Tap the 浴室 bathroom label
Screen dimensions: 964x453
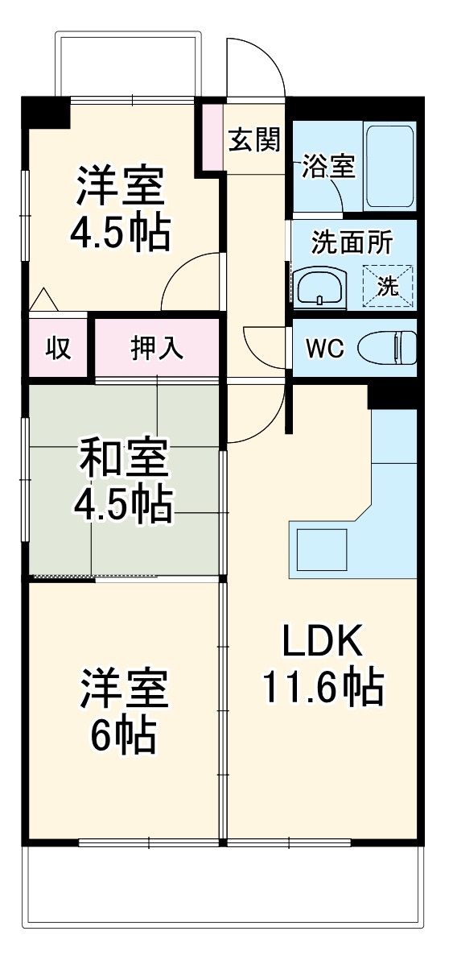click(328, 168)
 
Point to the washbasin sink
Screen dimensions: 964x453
click(320, 287)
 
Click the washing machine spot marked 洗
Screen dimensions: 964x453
click(388, 285)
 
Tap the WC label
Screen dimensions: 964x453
click(325, 350)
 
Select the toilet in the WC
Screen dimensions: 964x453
click(385, 349)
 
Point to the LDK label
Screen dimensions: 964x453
click(322, 642)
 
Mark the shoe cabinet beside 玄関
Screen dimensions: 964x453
click(212, 135)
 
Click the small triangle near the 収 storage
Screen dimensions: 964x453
click(43, 300)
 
